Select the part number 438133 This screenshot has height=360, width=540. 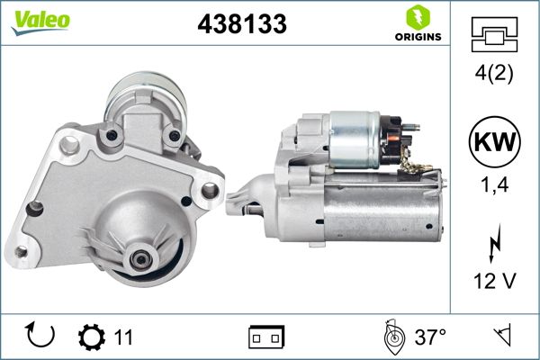coord(242,24)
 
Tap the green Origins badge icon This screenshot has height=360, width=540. coord(417,17)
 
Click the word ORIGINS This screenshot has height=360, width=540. coord(417,37)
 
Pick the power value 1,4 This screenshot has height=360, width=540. coord(494,186)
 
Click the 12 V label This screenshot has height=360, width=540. coord(494,282)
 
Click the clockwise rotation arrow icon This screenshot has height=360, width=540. coord(41,336)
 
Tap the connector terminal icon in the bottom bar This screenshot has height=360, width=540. coord(265,337)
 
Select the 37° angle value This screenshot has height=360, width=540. coord(430,337)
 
